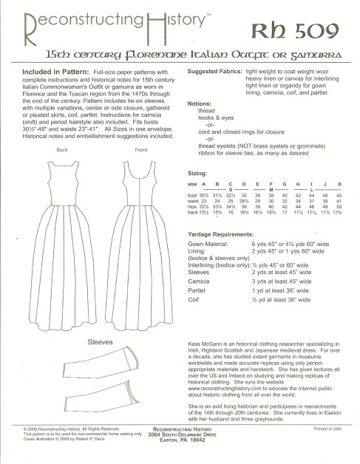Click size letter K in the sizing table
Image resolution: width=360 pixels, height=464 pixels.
click(x=339, y=182)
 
